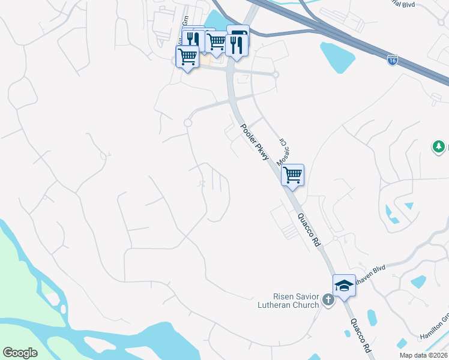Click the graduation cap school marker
[x=344, y=286]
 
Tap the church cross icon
[x=328, y=299]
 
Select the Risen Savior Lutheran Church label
[x=294, y=301]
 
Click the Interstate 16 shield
[x=392, y=61]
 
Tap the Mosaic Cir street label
[x=281, y=152]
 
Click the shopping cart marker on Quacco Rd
[x=292, y=175]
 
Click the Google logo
[x=20, y=353]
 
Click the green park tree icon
[x=439, y=146]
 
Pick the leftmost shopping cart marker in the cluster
[x=187, y=57]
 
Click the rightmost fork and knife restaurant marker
[x=237, y=44]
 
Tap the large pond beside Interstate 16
[x=339, y=58]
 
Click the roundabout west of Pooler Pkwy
[x=187, y=122]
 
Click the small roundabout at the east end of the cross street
[x=276, y=75]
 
